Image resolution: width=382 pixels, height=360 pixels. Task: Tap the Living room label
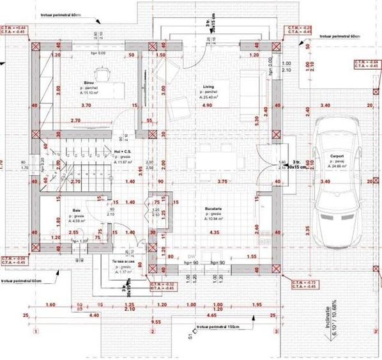pyautogui.click(x=208, y=86)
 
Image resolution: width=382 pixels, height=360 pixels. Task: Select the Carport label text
pyautogui.click(x=337, y=156)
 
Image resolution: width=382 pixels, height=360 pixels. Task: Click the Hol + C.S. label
pyautogui.click(x=121, y=152)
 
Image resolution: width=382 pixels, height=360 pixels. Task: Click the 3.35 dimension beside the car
pyautogui.click(x=308, y=228)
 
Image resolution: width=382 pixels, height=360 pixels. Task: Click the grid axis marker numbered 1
pyautogui.click(x=36, y=331)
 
